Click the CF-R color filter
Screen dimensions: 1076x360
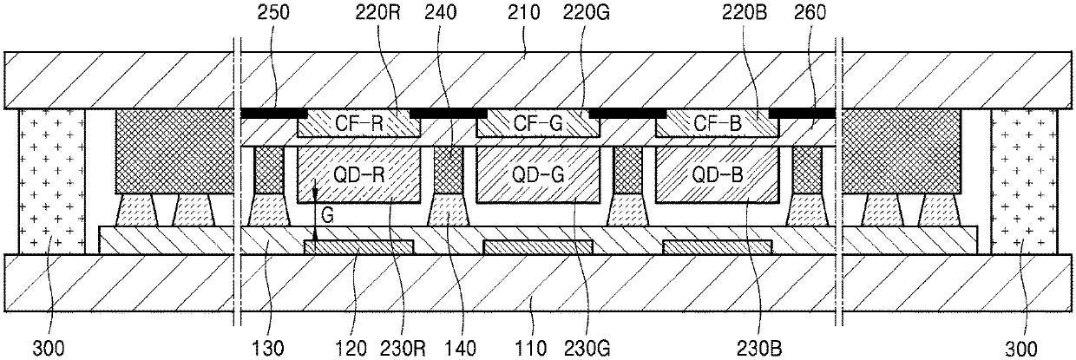pyautogui.click(x=359, y=124)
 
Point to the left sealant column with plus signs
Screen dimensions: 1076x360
pyautogui.click(x=51, y=182)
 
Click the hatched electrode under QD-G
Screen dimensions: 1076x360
pyautogui.click(x=538, y=248)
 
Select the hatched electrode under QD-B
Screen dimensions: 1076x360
pyautogui.click(x=717, y=248)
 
